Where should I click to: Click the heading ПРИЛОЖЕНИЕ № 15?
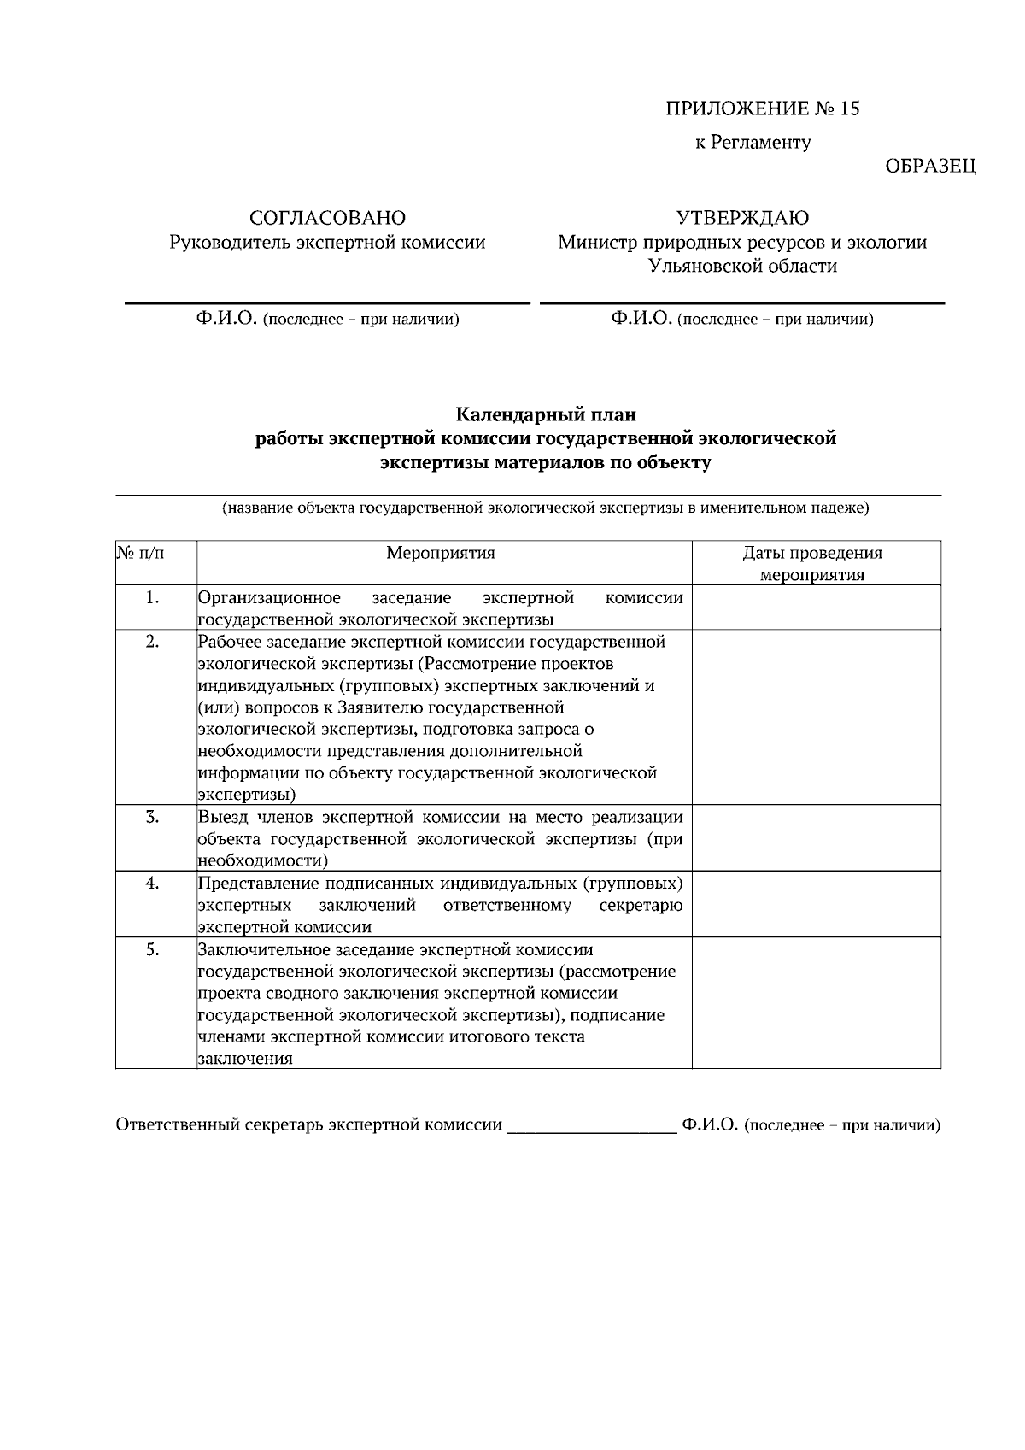coord(762,109)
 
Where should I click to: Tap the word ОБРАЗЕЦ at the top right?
coord(930,167)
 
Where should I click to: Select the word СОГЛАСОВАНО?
coord(327,218)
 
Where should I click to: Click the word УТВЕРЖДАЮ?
coord(742,218)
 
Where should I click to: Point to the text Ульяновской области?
coord(742,266)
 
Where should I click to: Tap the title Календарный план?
coord(546,415)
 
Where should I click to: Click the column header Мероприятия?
coord(440,553)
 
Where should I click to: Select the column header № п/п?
coord(142,553)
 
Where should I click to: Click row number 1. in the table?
coord(152,598)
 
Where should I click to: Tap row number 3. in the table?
coord(152,817)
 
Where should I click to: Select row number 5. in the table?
coord(152,950)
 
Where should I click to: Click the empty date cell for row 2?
coord(816,716)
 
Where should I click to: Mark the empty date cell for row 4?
coord(816,904)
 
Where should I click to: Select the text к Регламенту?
coord(753,143)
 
